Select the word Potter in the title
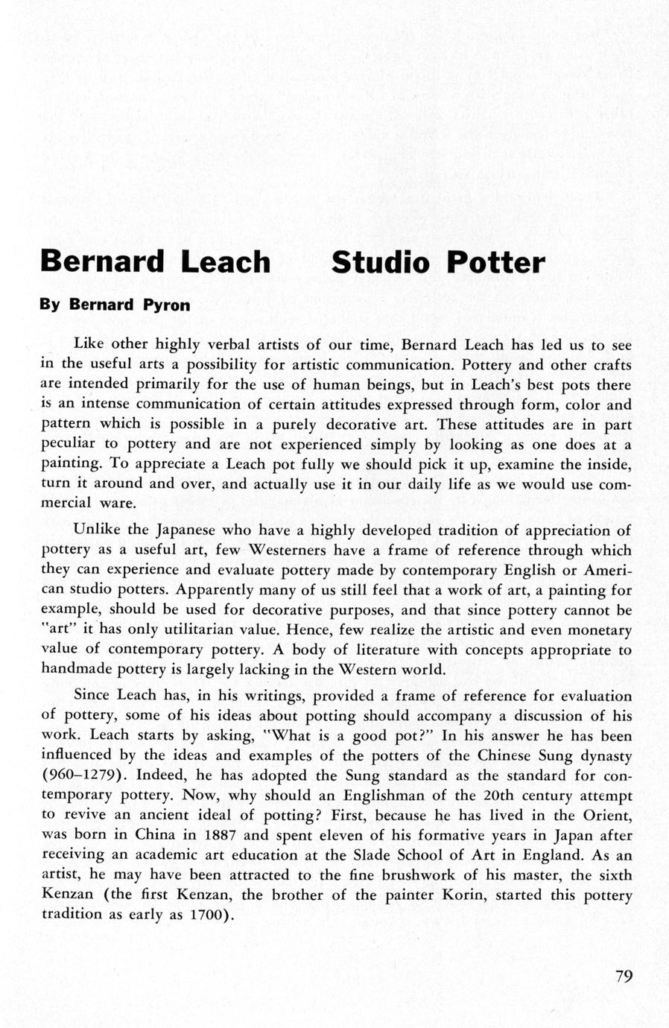coord(495,262)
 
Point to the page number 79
coord(624,977)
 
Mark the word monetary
coord(598,630)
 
